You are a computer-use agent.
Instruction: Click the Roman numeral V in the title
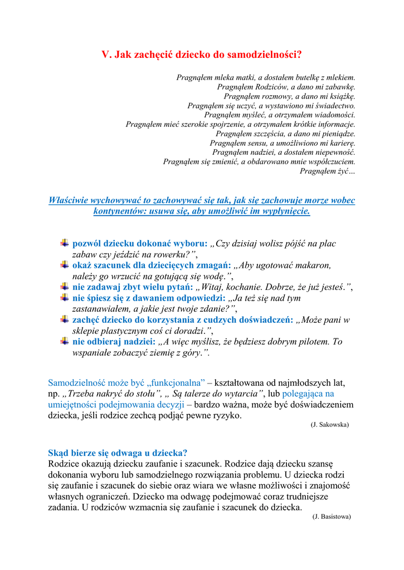click(106, 55)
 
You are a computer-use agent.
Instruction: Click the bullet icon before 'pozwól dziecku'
click(65, 243)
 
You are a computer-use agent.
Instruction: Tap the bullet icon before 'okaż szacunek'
click(65, 264)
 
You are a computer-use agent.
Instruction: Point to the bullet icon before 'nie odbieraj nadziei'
click(65, 341)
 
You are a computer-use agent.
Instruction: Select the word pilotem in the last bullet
click(314, 342)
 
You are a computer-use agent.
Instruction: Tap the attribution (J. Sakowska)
click(329, 424)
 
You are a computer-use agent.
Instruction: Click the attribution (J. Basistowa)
click(332, 516)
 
